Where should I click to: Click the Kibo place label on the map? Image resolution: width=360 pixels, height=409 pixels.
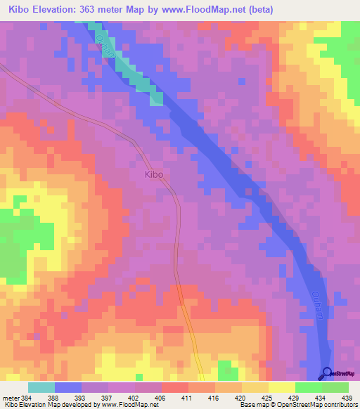[154, 174]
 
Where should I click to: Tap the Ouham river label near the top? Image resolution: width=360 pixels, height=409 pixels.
[103, 46]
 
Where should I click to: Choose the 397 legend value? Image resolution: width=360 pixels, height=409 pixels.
[108, 398]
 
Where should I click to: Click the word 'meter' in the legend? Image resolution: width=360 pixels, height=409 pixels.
[11, 398]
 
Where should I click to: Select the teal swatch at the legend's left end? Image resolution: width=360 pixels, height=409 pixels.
[41, 387]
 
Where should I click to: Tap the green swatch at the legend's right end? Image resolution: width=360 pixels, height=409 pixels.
[335, 387]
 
